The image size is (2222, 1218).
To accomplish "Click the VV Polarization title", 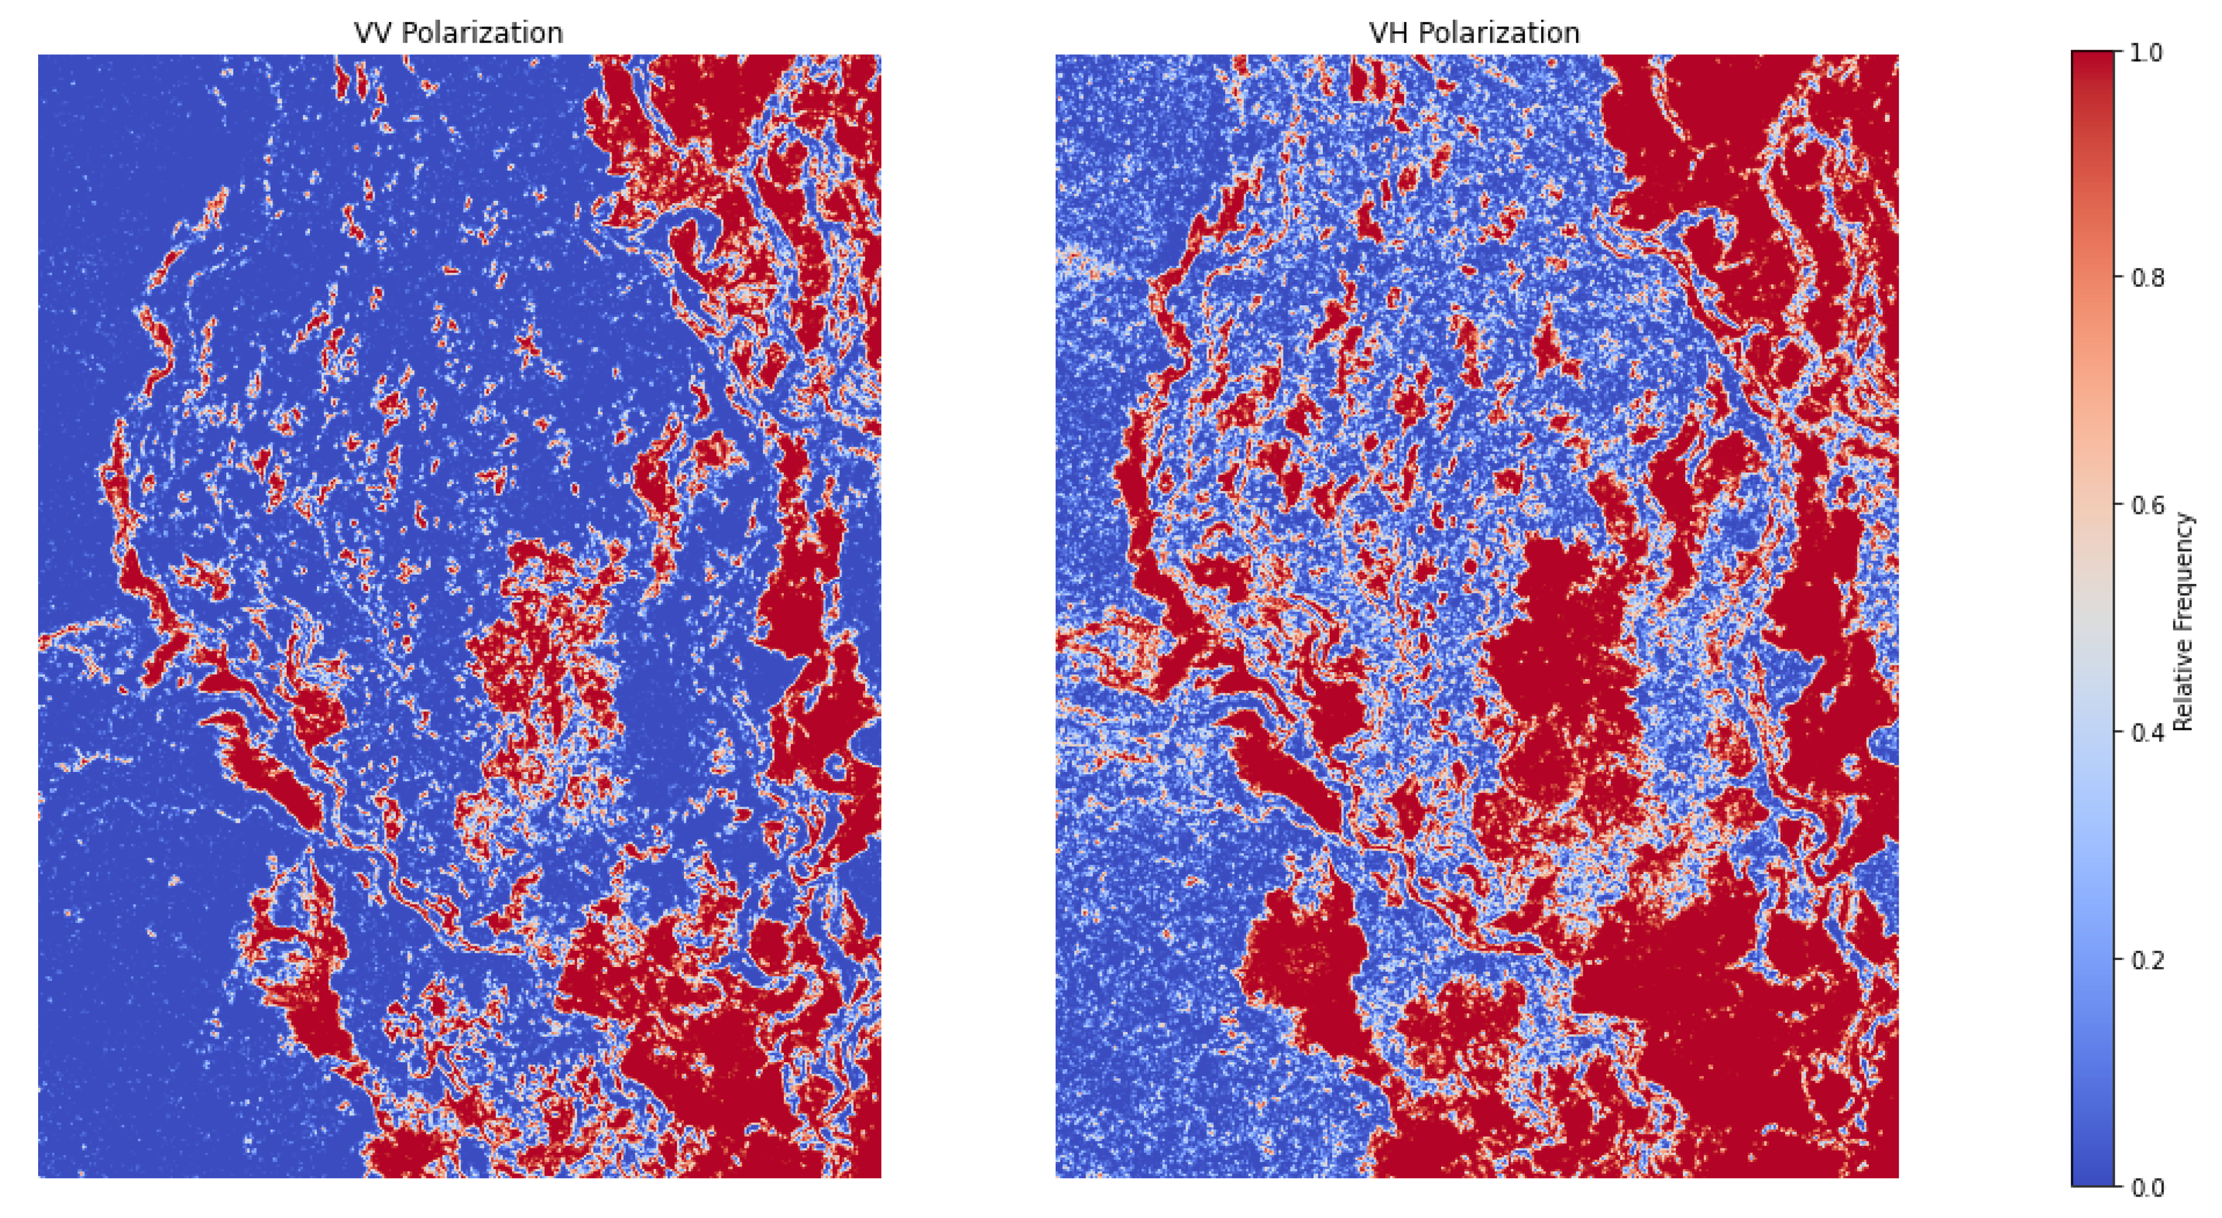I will point(458,33).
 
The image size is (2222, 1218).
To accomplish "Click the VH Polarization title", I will point(1474,33).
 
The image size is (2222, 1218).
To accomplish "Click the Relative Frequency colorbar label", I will point(2183,621).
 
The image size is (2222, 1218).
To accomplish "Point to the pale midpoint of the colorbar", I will point(2093,619).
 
